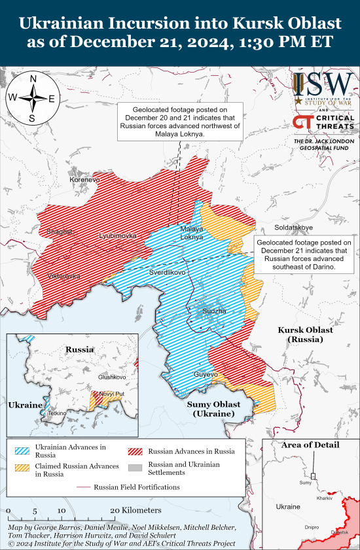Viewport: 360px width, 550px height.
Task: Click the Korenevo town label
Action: (85, 179)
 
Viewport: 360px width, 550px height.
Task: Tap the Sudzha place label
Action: (214, 311)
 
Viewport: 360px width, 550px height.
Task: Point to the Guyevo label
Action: (206, 374)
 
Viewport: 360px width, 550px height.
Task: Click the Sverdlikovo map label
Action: (168, 271)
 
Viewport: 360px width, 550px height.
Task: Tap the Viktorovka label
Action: (64, 276)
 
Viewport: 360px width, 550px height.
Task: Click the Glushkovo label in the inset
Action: (112, 377)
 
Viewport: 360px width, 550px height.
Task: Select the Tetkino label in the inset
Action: (58, 413)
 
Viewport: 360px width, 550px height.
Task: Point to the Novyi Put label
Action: (111, 394)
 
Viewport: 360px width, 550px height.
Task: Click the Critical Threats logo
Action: (323, 122)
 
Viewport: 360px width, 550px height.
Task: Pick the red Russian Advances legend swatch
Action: (136, 451)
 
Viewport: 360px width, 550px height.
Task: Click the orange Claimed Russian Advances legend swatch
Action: (24, 470)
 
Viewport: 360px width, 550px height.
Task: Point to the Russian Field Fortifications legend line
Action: (82, 487)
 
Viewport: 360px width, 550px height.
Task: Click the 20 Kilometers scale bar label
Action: (135, 510)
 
